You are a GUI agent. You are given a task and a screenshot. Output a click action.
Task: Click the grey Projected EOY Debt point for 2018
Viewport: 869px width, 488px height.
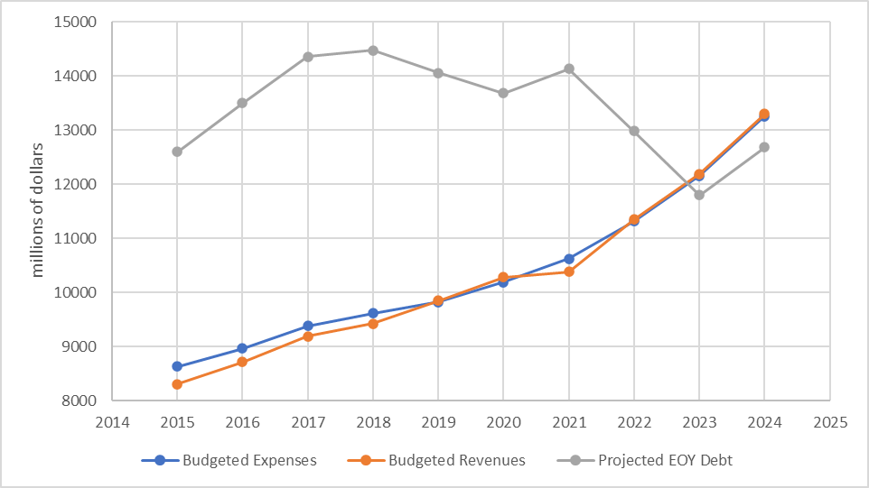(372, 51)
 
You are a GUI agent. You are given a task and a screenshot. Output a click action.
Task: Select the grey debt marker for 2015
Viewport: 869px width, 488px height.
(177, 152)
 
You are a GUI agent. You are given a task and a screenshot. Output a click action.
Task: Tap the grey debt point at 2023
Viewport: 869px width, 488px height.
(699, 195)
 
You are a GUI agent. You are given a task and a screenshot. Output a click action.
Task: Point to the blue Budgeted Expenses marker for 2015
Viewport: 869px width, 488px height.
(177, 366)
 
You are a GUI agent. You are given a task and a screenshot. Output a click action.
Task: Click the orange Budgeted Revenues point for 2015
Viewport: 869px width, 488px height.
(177, 384)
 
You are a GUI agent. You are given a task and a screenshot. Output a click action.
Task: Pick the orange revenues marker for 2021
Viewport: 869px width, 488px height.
(569, 272)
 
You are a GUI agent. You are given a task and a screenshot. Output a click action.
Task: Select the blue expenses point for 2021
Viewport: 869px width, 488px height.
(569, 259)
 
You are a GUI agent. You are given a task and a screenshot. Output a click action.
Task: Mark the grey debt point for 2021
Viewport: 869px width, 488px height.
(569, 69)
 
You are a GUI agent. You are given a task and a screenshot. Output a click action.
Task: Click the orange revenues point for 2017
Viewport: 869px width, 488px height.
(308, 336)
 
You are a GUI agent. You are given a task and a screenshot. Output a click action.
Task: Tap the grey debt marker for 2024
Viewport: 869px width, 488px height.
(764, 147)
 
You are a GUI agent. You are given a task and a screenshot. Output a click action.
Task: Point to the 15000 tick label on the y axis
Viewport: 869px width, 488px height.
(79, 22)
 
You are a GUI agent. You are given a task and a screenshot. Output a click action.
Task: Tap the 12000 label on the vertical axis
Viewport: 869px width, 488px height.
(79, 184)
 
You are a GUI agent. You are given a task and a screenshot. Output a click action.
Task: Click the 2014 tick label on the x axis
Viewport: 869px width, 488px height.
(112, 421)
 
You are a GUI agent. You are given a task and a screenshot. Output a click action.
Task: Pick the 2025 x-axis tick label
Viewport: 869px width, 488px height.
(829, 421)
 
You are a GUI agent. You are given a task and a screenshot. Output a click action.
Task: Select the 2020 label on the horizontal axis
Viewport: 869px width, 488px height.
(503, 421)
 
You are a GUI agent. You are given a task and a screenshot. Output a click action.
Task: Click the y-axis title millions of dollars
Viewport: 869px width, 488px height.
(38, 209)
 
